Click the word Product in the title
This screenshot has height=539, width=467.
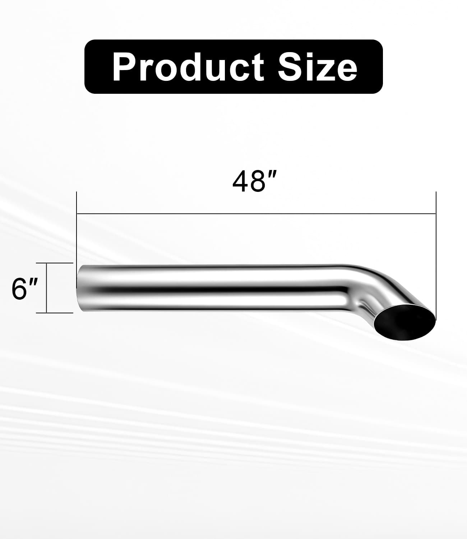(188, 67)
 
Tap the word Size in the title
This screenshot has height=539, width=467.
(317, 67)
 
